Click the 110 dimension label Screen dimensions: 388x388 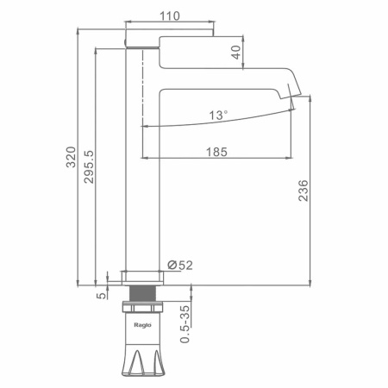coord(170,16)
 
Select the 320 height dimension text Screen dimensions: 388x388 coord(71,157)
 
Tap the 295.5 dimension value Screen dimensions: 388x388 coord(89,166)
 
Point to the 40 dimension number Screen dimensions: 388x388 coord(236,53)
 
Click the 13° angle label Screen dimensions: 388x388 coord(218,116)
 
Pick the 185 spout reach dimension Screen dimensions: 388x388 coord(216,152)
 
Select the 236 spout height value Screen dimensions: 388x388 coord(304,191)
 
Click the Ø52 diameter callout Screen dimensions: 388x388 coord(180,265)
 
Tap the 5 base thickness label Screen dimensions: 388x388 coord(102,296)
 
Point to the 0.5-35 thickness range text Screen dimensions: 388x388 coord(185,324)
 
